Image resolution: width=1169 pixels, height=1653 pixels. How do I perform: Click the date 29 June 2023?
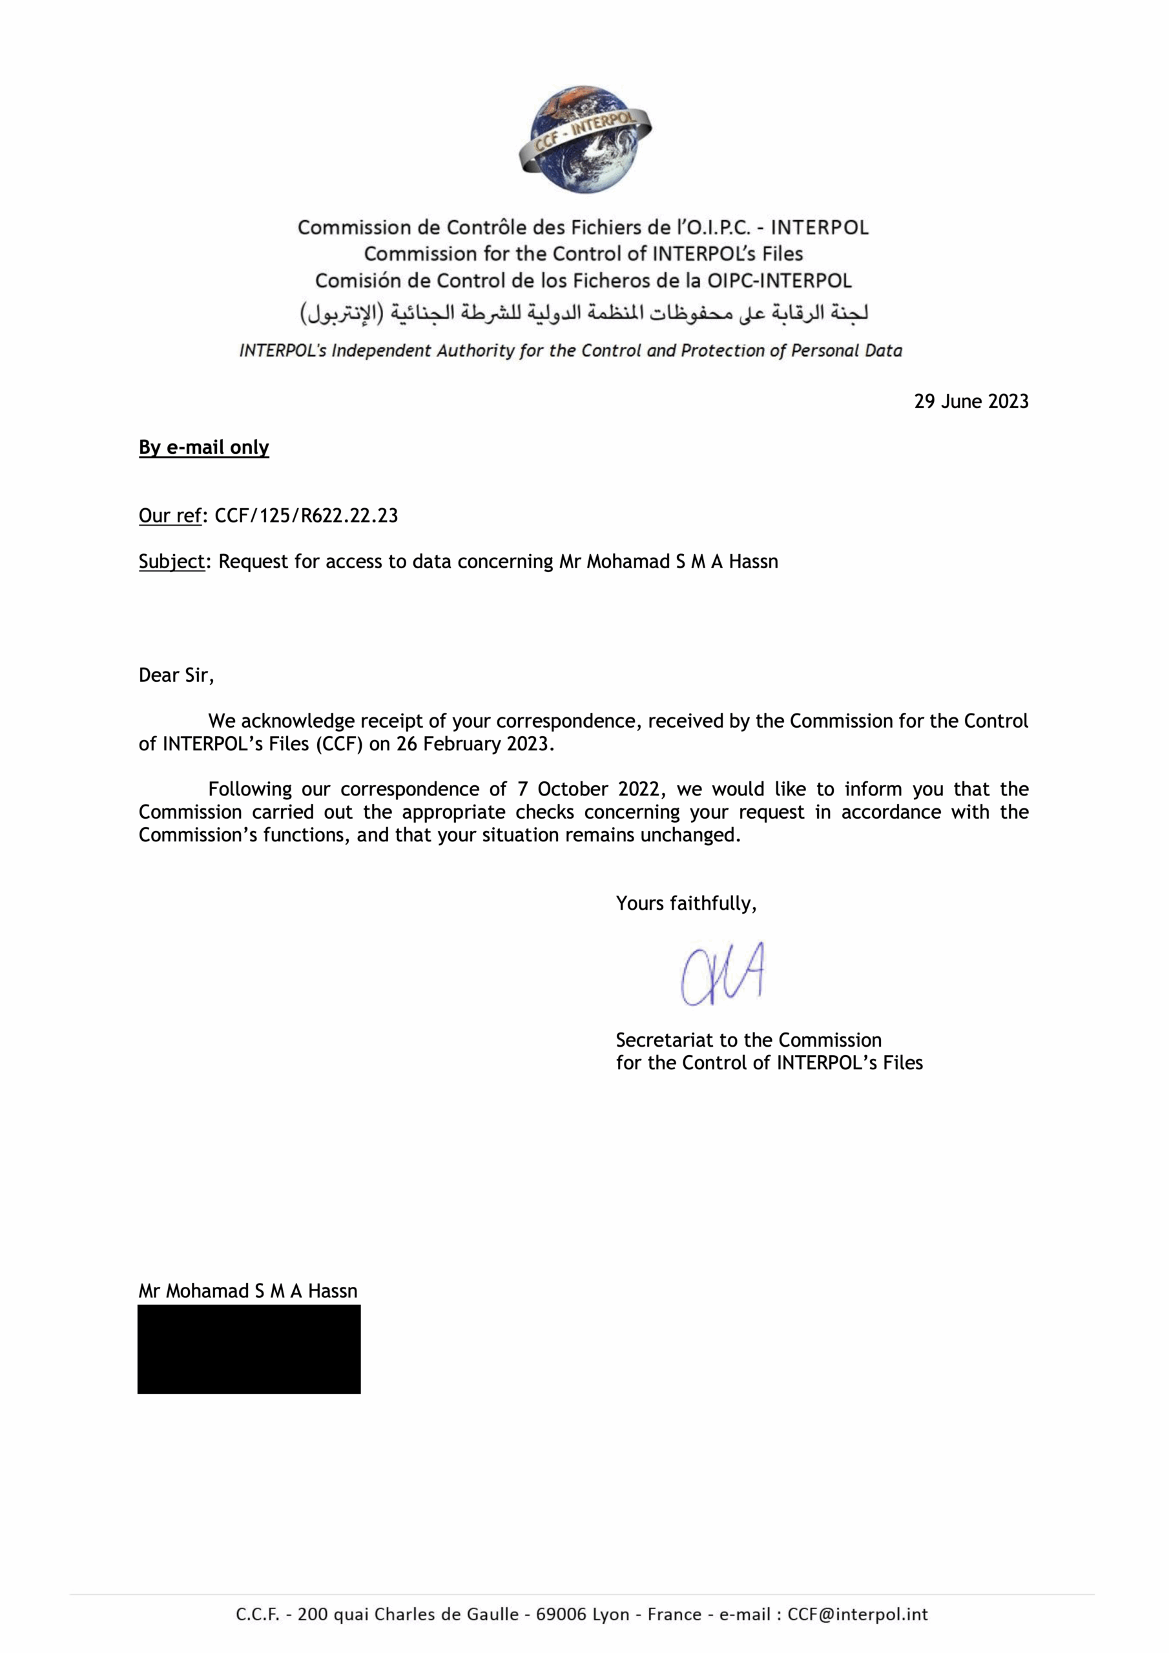(x=971, y=402)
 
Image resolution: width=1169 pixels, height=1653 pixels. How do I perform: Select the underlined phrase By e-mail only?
(x=204, y=448)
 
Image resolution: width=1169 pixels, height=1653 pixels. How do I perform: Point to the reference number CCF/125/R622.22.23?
(x=306, y=515)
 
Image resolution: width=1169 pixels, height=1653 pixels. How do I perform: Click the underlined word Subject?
(x=171, y=562)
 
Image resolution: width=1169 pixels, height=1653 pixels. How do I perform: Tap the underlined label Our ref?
(x=170, y=515)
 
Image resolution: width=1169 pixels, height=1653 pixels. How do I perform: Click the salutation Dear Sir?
(x=176, y=675)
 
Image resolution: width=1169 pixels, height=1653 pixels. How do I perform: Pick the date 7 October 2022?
(x=588, y=789)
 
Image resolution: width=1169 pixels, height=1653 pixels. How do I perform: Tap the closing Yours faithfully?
(x=686, y=903)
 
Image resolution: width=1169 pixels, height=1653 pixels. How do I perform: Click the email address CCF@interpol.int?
(x=857, y=1614)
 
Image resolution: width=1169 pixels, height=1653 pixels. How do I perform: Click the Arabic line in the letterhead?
(x=584, y=313)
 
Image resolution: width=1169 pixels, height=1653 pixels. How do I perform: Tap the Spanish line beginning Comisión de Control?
(x=583, y=281)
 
